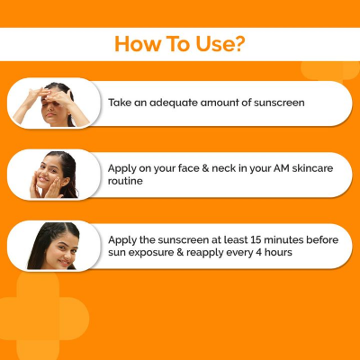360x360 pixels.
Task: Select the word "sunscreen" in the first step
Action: tap(273, 103)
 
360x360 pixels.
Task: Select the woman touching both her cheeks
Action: tap(57, 174)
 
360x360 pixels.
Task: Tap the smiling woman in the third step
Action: tap(56, 247)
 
